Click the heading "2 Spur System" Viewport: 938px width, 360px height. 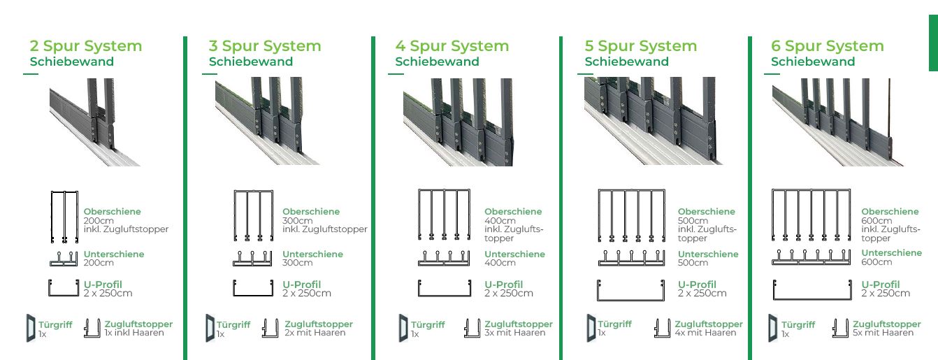pyautogui.click(x=86, y=46)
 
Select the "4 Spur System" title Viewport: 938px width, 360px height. pyautogui.click(x=452, y=46)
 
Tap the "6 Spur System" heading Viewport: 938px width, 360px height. pyautogui.click(x=828, y=46)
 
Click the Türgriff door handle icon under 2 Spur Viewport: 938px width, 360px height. pyautogui.click(x=31, y=328)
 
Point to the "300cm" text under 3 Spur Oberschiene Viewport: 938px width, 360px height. pyautogui.click(x=297, y=221)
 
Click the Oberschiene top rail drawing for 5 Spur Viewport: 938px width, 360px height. pyautogui.click(x=631, y=215)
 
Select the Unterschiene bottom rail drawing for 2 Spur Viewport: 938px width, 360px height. pyautogui.click(x=64, y=259)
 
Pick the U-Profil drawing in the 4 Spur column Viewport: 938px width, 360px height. pyautogui.click(x=445, y=288)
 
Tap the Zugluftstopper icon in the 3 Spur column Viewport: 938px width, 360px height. pyautogui.click(x=270, y=328)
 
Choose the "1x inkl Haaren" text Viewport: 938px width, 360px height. pyautogui.click(x=134, y=333)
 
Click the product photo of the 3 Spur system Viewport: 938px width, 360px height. pyautogui.click(x=268, y=121)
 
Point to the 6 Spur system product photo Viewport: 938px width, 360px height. pyautogui.click(x=837, y=122)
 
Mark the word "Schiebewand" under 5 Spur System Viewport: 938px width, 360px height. pyautogui.click(x=626, y=62)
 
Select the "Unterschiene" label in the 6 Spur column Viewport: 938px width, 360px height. pyautogui.click(x=891, y=253)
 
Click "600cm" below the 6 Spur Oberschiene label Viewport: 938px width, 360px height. pyautogui.click(x=876, y=221)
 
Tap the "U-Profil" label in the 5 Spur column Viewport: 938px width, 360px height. pyautogui.click(x=698, y=285)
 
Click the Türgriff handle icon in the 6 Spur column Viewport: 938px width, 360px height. pyautogui.click(x=773, y=328)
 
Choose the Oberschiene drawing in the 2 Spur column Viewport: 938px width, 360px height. pyautogui.click(x=64, y=217)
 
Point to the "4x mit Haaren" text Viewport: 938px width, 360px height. pyautogui.click(x=705, y=333)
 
